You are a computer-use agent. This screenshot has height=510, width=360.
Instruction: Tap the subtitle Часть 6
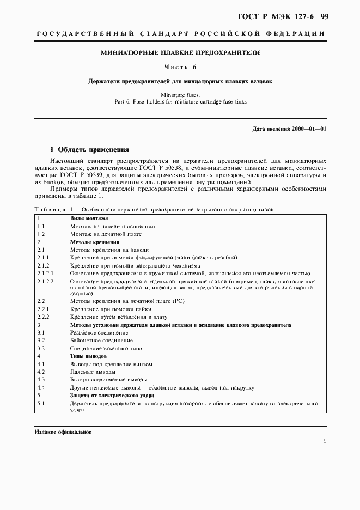tap(180, 67)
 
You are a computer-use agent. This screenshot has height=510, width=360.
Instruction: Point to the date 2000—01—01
tap(312, 129)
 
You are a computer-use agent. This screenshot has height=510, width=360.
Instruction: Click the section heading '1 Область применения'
tap(89, 149)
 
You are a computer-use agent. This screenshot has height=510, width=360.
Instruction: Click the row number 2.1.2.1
tap(45, 273)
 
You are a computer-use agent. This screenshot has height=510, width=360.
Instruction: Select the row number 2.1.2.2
tap(45, 281)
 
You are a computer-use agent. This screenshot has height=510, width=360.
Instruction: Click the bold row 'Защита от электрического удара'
tap(112, 395)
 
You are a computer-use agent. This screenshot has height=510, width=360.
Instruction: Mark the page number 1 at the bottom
tap(325, 442)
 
